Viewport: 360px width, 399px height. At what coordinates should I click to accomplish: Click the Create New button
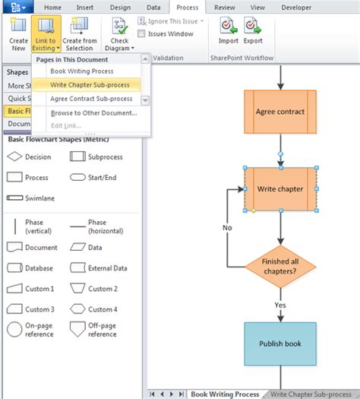(x=18, y=33)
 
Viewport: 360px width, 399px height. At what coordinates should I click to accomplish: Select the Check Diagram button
(x=119, y=33)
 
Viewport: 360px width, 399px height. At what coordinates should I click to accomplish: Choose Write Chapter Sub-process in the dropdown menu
(x=90, y=84)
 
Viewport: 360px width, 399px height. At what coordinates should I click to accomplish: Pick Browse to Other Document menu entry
(x=93, y=112)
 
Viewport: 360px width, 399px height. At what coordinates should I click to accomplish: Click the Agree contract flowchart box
(x=280, y=112)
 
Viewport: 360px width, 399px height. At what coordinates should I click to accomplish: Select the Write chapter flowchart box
(x=280, y=188)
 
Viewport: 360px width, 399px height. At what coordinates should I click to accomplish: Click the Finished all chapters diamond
(x=281, y=267)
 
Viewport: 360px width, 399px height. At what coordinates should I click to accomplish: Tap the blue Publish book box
(x=280, y=344)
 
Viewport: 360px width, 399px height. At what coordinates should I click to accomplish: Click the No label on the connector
(x=227, y=227)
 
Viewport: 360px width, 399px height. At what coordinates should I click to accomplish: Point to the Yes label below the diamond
(x=279, y=304)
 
